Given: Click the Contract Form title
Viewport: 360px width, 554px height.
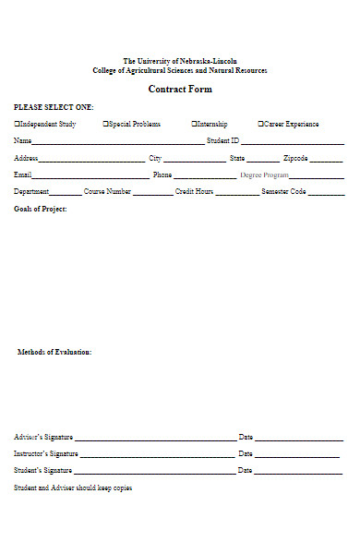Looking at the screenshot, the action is [180, 90].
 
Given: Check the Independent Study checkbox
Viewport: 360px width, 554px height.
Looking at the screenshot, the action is [17, 124].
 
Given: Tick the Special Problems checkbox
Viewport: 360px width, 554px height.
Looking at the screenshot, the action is [105, 124].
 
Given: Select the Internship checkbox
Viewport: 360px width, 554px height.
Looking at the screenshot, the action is [194, 124].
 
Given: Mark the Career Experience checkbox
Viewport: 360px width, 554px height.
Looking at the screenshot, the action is [260, 124].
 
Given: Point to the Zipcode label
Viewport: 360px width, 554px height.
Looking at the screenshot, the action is [295, 158].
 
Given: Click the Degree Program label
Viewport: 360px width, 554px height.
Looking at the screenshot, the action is [264, 175].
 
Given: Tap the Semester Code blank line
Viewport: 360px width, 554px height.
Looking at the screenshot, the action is [326, 195].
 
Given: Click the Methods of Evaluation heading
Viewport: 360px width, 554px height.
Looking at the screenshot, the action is [54, 352].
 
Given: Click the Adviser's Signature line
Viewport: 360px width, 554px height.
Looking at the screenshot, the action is [154, 440].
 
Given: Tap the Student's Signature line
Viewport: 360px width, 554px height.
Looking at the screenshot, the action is [153, 473].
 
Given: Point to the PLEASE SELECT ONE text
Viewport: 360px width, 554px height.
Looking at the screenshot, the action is [54, 107].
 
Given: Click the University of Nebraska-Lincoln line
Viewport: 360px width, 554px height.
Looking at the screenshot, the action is [180, 61].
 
